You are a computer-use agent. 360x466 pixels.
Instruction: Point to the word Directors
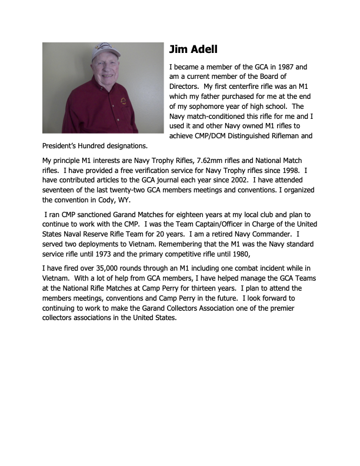click(x=183, y=87)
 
